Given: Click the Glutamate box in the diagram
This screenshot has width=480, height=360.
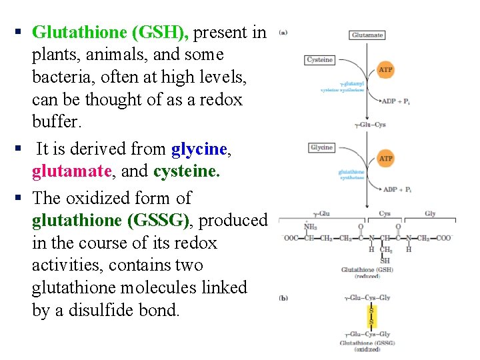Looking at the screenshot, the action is pos(367,35).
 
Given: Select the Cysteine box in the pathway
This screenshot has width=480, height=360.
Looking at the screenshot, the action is pos(319,60).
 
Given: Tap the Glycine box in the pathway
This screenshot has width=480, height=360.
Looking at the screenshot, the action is pos(321,147).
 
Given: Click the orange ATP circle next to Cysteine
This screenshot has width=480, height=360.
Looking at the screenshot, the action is pos(385,70).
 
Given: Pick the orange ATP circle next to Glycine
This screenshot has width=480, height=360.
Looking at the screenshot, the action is pos(385,159).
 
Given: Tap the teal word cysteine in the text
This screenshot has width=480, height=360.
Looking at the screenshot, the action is pos(186,171).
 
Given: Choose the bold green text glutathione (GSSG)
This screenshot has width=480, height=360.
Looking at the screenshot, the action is pos(111,220).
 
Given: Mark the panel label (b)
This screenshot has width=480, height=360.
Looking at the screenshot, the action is pos(283,298).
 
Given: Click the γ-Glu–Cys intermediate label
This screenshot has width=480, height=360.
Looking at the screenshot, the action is pos(370,125).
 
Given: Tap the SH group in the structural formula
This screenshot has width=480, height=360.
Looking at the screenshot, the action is pos(385,260).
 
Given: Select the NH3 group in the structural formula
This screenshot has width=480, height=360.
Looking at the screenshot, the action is pos(311,227).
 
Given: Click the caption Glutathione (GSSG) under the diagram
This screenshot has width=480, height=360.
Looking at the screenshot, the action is pos(367,343).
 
